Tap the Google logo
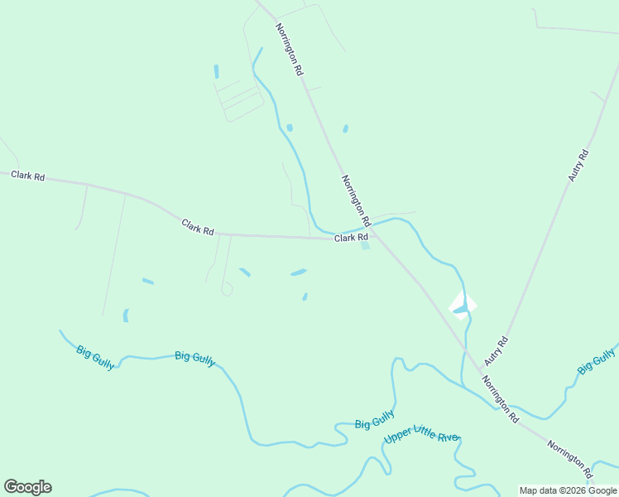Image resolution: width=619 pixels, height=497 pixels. click(27, 487)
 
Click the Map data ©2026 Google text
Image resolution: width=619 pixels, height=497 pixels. click(569, 490)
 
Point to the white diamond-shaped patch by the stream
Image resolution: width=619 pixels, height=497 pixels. click(463, 306)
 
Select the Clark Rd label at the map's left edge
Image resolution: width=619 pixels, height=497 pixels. click(27, 176)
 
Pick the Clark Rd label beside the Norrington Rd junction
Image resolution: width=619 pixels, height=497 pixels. click(351, 238)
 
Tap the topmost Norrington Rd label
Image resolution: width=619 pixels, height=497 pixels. click(290, 50)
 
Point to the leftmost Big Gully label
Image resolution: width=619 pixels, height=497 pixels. click(95, 352)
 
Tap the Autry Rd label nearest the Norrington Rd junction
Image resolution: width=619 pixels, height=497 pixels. click(495, 351)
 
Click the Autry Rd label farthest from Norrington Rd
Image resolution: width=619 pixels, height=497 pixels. click(578, 166)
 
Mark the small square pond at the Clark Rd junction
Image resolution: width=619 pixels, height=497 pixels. click(365, 246)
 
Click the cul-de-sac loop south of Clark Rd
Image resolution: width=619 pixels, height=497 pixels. click(227, 289)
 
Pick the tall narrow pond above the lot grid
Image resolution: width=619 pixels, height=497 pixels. click(217, 71)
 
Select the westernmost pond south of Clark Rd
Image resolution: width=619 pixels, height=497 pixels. click(126, 316)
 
